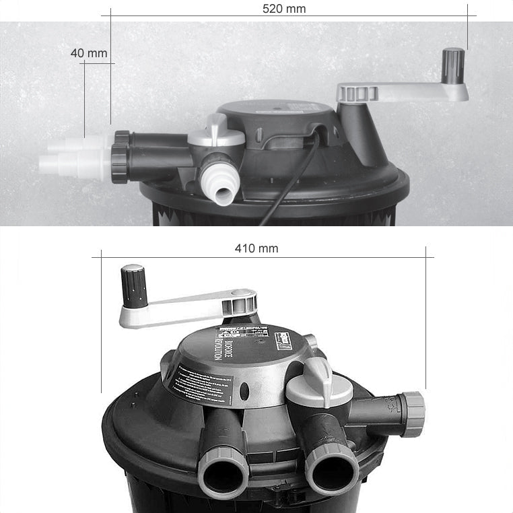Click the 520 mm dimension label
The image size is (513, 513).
(x=283, y=9)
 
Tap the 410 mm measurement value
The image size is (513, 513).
(x=256, y=248)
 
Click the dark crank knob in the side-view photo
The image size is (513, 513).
(x=453, y=66)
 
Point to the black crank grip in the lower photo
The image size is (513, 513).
(x=133, y=285)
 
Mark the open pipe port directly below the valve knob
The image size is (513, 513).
(x=331, y=465)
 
